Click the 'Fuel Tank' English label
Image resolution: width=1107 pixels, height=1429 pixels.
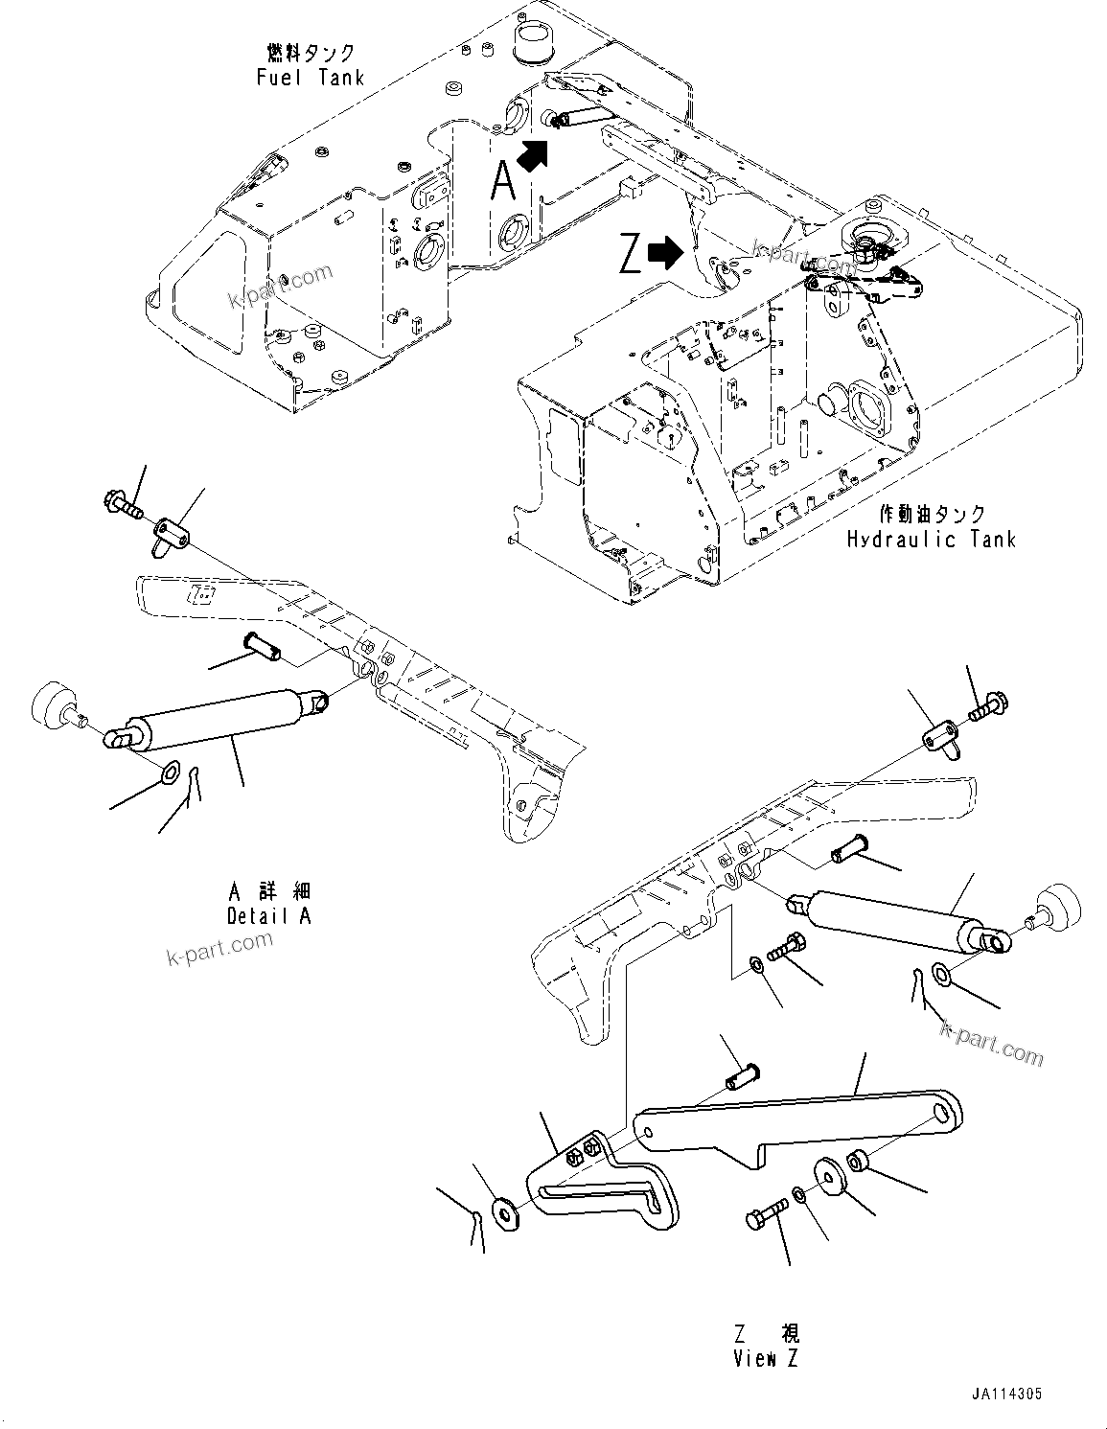(x=310, y=78)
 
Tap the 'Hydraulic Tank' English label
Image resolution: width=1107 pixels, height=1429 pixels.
(x=930, y=539)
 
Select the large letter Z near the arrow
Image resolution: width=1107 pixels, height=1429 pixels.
(x=630, y=256)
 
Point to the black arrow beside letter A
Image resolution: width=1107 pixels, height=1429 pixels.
(x=534, y=153)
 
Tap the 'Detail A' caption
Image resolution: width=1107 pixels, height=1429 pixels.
(x=268, y=915)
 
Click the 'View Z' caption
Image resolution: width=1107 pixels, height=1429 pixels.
(x=765, y=1358)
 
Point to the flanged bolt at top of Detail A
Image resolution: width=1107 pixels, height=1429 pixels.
(x=122, y=502)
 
